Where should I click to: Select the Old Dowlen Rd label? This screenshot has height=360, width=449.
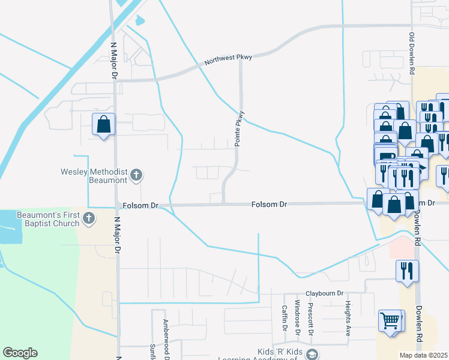tap(412, 53)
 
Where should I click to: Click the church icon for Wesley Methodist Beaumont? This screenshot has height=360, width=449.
tap(136, 175)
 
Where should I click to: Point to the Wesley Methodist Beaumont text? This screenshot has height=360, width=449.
tap(94, 176)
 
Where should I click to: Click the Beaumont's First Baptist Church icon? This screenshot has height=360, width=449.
tap(89, 218)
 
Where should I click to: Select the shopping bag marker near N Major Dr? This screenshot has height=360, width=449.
tap(104, 124)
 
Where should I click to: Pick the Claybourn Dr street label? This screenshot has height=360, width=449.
tap(325, 293)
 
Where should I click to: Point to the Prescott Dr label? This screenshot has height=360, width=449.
tap(310, 317)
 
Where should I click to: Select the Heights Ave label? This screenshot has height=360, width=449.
tap(348, 318)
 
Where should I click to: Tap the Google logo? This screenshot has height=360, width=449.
tap(20, 353)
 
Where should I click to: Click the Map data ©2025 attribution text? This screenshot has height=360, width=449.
tap(424, 355)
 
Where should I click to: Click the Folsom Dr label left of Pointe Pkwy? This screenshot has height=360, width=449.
tap(140, 205)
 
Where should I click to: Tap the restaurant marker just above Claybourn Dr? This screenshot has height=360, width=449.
tap(407, 271)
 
